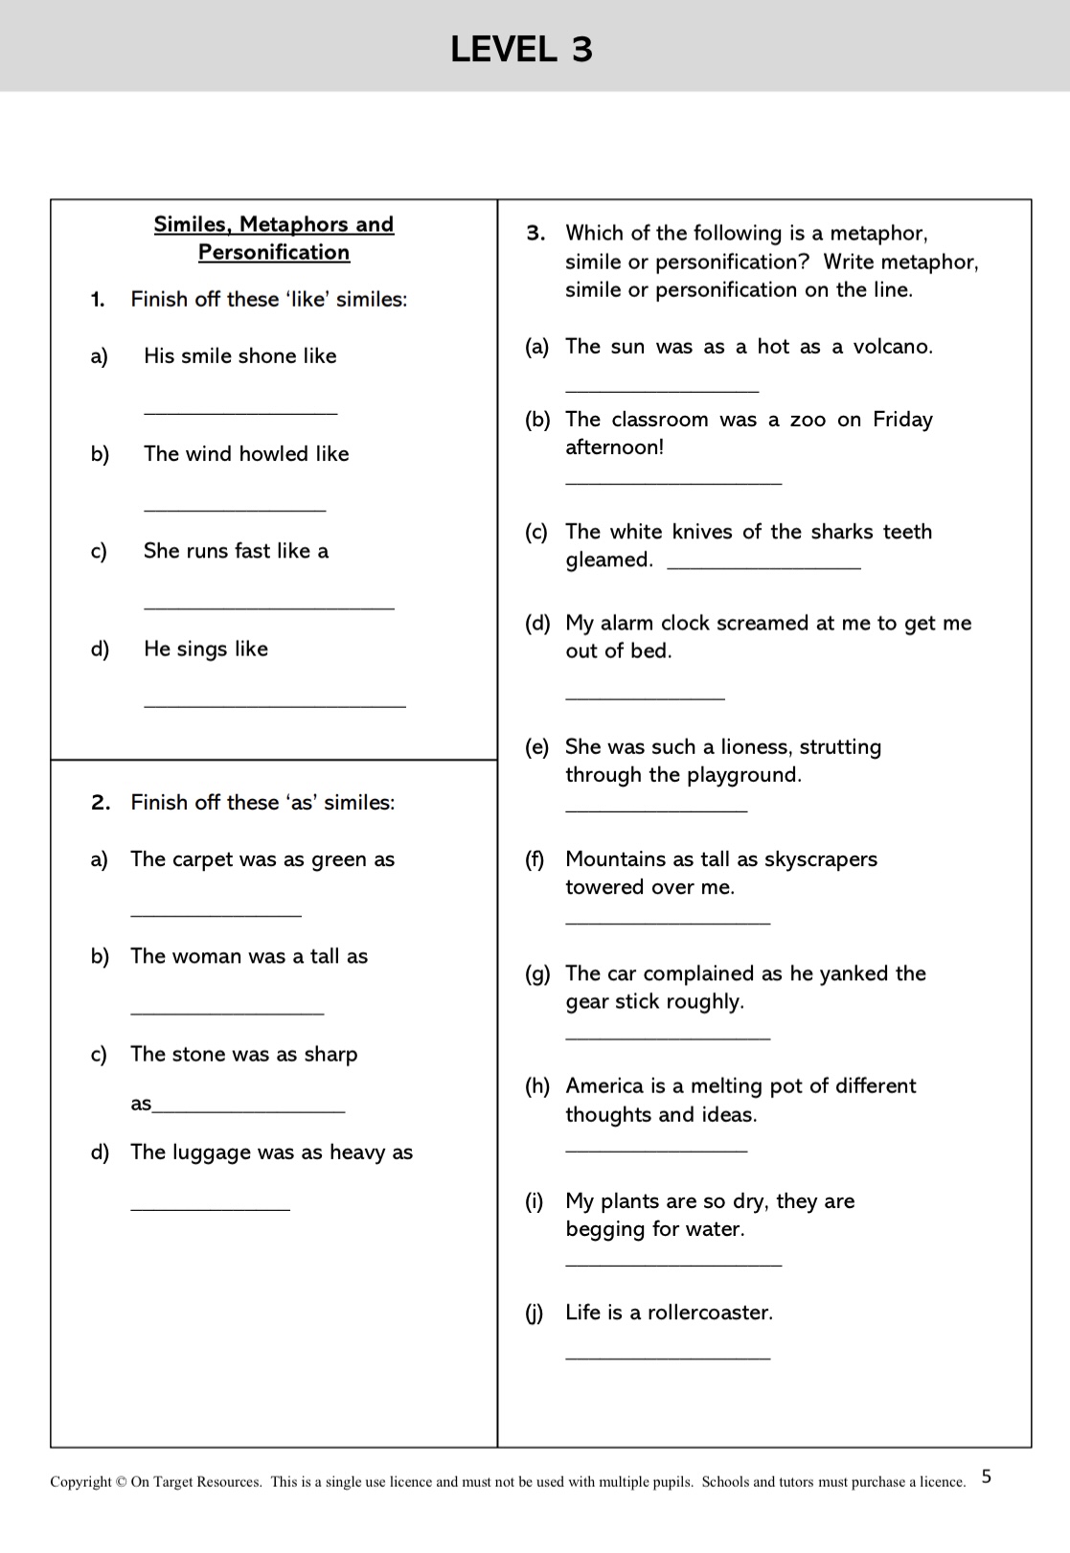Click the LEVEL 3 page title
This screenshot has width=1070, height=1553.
(x=521, y=49)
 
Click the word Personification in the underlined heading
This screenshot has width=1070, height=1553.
(x=274, y=252)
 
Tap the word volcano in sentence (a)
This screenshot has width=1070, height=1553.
(x=892, y=347)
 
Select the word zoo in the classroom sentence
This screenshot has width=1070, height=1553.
(x=808, y=420)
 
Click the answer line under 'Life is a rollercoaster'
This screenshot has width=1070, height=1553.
(x=668, y=1359)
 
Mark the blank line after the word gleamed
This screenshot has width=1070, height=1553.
(x=763, y=569)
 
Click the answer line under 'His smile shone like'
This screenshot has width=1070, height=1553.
(x=240, y=413)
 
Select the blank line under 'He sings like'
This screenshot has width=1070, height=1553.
(x=274, y=707)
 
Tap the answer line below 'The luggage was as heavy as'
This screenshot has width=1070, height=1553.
(x=210, y=1209)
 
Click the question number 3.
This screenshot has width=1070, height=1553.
(x=535, y=233)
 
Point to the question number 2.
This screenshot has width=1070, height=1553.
(x=101, y=803)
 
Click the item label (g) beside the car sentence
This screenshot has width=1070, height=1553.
(x=537, y=974)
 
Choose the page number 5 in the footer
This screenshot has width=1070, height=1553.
(x=987, y=1476)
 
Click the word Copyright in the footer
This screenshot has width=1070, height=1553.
(x=80, y=1482)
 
